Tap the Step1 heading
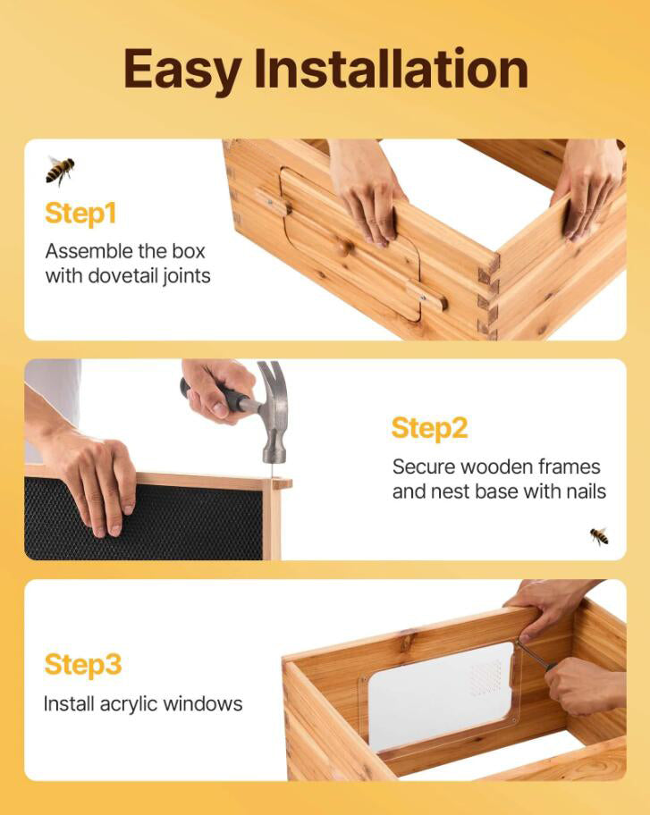click(80, 214)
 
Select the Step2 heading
click(429, 428)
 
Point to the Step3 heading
click(82, 665)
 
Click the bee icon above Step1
click(60, 169)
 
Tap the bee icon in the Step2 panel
click(599, 535)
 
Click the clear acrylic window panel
click(438, 697)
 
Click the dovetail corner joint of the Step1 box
click(488, 295)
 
